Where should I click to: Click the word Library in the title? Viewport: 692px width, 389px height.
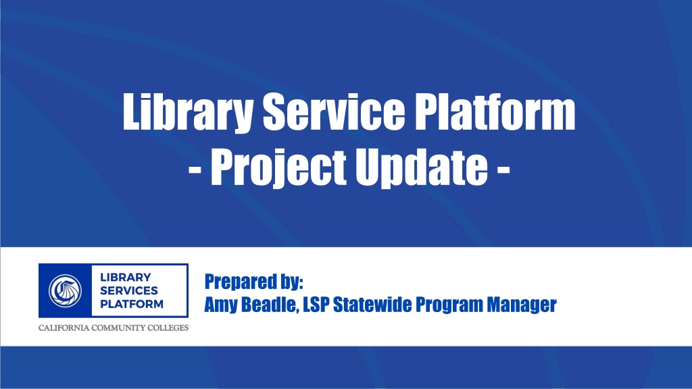(x=188, y=112)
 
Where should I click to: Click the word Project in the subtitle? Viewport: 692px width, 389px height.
(x=278, y=167)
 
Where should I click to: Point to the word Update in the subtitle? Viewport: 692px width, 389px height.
(x=422, y=168)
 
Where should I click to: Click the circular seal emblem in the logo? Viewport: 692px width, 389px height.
(x=66, y=291)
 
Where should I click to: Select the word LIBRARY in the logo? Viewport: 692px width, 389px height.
(x=125, y=278)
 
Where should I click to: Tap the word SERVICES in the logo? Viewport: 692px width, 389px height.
(x=129, y=290)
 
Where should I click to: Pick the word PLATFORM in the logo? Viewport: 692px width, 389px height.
(x=132, y=304)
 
